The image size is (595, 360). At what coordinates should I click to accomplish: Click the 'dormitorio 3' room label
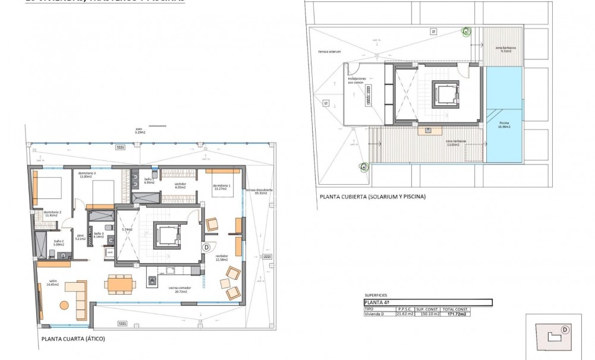click(87, 175)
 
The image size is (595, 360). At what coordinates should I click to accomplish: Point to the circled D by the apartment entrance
click(206, 247)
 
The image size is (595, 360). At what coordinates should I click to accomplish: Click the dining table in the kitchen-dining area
click(121, 285)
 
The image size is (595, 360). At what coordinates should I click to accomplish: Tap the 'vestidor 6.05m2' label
click(180, 185)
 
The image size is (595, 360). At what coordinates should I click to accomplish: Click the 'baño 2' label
click(58, 242)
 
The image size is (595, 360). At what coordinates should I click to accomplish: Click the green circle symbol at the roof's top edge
click(466, 31)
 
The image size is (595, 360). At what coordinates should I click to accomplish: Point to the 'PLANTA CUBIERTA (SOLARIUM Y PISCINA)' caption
click(372, 197)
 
